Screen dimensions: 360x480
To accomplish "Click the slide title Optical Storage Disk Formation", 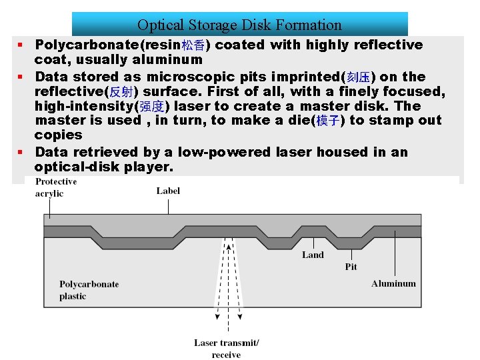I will [x=239, y=25].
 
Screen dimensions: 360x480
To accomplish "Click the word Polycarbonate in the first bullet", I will [x=78, y=45].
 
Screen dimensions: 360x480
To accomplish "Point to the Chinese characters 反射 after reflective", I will [x=123, y=92].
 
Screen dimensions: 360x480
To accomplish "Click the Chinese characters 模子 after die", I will [x=328, y=121].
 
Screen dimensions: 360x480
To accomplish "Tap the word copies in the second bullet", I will [x=58, y=135].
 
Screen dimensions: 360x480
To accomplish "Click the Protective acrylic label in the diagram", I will [x=56, y=187].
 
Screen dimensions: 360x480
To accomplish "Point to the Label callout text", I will [x=168, y=191].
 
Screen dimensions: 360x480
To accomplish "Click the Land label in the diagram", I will [x=313, y=255].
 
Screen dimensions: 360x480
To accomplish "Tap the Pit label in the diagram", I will [x=351, y=267].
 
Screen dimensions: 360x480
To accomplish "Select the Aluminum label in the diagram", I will [x=393, y=283].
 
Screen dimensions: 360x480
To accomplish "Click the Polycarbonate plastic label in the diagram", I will [x=89, y=290].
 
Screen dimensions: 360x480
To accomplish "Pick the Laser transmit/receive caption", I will [x=227, y=349].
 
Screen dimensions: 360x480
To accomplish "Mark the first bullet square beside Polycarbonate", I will [x=21, y=45].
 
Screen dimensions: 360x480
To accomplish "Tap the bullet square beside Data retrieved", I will [x=21, y=152].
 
